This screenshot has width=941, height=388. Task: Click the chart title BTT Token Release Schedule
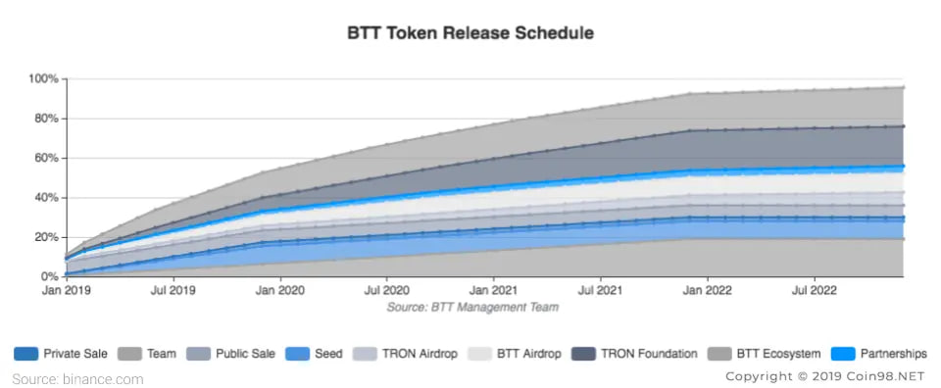[x=470, y=32]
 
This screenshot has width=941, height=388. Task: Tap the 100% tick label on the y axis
[x=44, y=79]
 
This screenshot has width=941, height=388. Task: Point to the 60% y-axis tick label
[x=46, y=159]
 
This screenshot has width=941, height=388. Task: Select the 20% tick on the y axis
[x=46, y=237]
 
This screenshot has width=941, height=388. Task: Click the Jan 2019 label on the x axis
[x=67, y=291]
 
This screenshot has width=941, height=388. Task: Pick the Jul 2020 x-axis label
[x=386, y=291]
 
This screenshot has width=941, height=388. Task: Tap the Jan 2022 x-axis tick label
[x=708, y=291]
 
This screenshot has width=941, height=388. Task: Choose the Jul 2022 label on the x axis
[x=815, y=291]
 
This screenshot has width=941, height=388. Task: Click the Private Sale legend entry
[x=61, y=354]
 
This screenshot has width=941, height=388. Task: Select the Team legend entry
[x=147, y=354]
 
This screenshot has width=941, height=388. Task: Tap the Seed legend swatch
[x=298, y=354]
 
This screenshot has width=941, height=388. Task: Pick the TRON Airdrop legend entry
[x=405, y=354]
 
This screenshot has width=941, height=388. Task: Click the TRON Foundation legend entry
[x=635, y=354]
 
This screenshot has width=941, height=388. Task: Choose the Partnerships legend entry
[x=878, y=354]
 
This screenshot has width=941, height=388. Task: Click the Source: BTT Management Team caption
[x=472, y=308]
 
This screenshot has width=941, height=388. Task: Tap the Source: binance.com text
[x=78, y=379]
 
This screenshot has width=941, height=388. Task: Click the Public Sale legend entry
[x=231, y=354]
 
